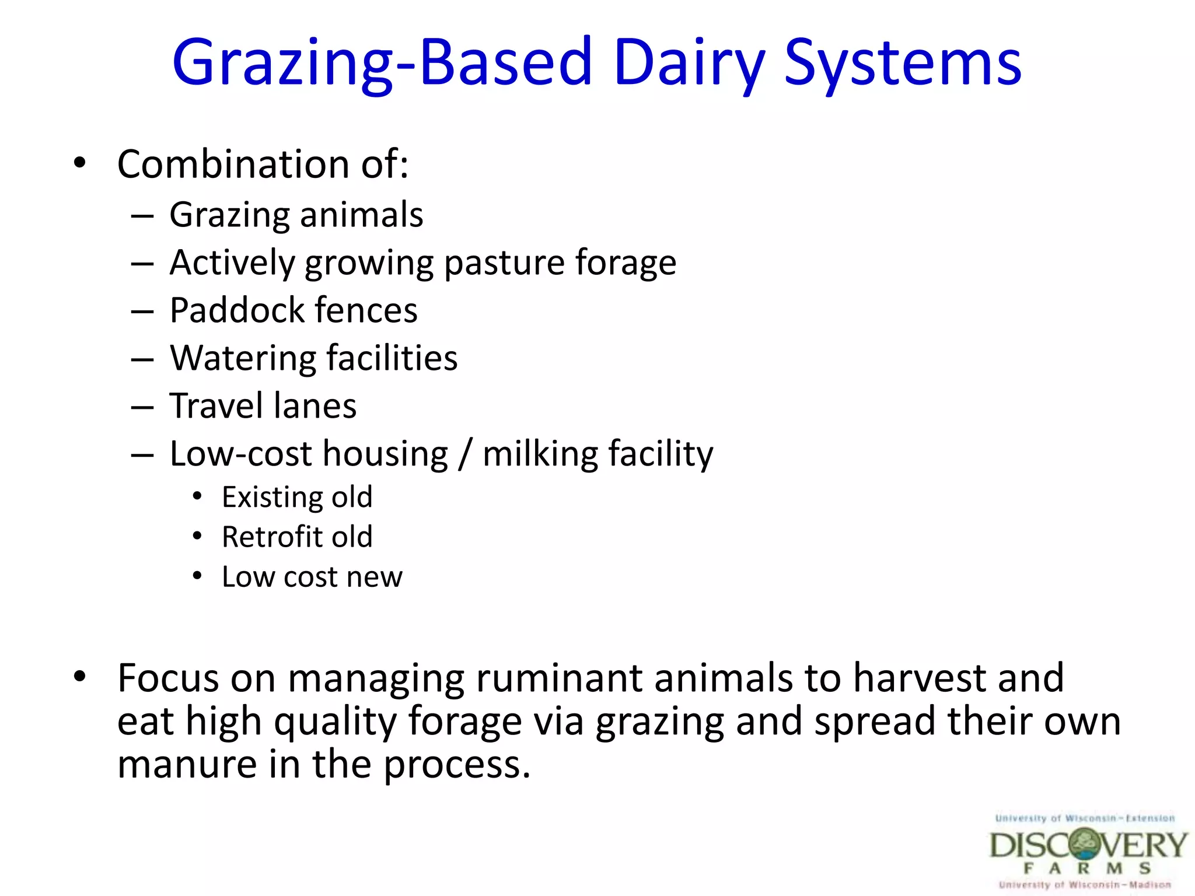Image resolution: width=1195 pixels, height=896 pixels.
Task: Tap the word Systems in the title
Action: [x=902, y=63]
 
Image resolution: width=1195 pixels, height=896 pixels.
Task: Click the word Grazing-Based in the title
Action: [x=382, y=63]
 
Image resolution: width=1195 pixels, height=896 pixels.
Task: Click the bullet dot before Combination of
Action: [x=80, y=163]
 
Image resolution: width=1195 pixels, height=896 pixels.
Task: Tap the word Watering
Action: [x=242, y=358]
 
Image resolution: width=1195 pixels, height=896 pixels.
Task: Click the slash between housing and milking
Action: [x=465, y=454]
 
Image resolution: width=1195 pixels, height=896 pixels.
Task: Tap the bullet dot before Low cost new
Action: [x=197, y=576]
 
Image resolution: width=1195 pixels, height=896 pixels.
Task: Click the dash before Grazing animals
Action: [x=142, y=216]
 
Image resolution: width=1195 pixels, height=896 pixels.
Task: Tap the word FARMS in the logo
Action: [x=1087, y=868]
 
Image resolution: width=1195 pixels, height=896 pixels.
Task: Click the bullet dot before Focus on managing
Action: [x=80, y=677]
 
